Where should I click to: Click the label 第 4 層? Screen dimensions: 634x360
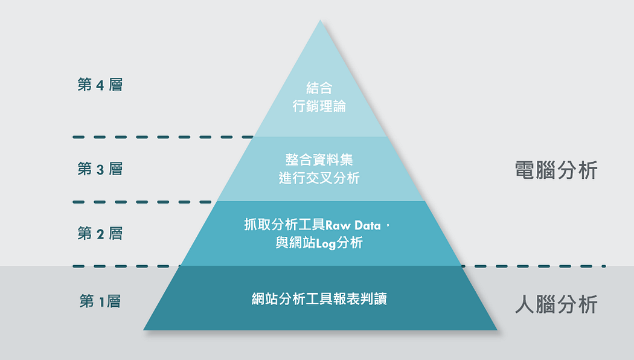[x=100, y=85]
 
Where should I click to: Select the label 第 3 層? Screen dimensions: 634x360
[x=100, y=169]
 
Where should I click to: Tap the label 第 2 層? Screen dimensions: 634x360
[x=100, y=233]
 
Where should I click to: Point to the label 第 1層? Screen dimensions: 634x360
[x=100, y=301]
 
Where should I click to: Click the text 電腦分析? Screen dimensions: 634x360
[x=556, y=170]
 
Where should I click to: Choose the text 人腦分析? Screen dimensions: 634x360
[x=556, y=304]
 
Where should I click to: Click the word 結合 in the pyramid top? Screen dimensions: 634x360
[x=319, y=88]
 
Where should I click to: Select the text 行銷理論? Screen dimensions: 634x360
[x=319, y=107]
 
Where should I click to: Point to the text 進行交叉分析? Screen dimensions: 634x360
[x=319, y=178]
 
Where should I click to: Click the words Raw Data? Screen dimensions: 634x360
[x=353, y=225]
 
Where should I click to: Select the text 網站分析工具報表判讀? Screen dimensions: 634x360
[x=319, y=298]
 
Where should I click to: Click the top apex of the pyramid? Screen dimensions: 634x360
[x=320, y=21]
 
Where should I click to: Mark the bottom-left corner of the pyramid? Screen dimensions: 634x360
[x=144, y=330]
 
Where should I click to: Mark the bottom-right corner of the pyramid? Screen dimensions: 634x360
[x=497, y=330]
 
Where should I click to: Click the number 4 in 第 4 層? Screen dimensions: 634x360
[x=100, y=85]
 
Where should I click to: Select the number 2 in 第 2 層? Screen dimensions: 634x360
[x=100, y=234]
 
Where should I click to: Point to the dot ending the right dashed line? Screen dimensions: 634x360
[x=604, y=266]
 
